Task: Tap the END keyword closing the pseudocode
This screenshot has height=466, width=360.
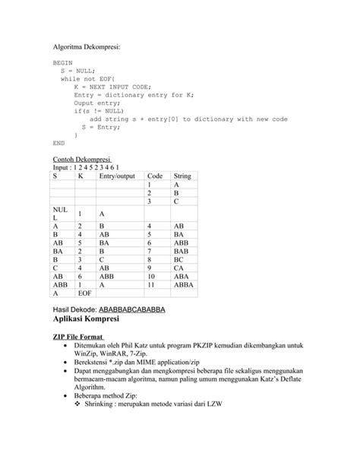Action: click(x=58, y=142)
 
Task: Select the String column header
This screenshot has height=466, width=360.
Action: click(x=182, y=176)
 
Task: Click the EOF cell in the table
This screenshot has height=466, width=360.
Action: click(x=84, y=293)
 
